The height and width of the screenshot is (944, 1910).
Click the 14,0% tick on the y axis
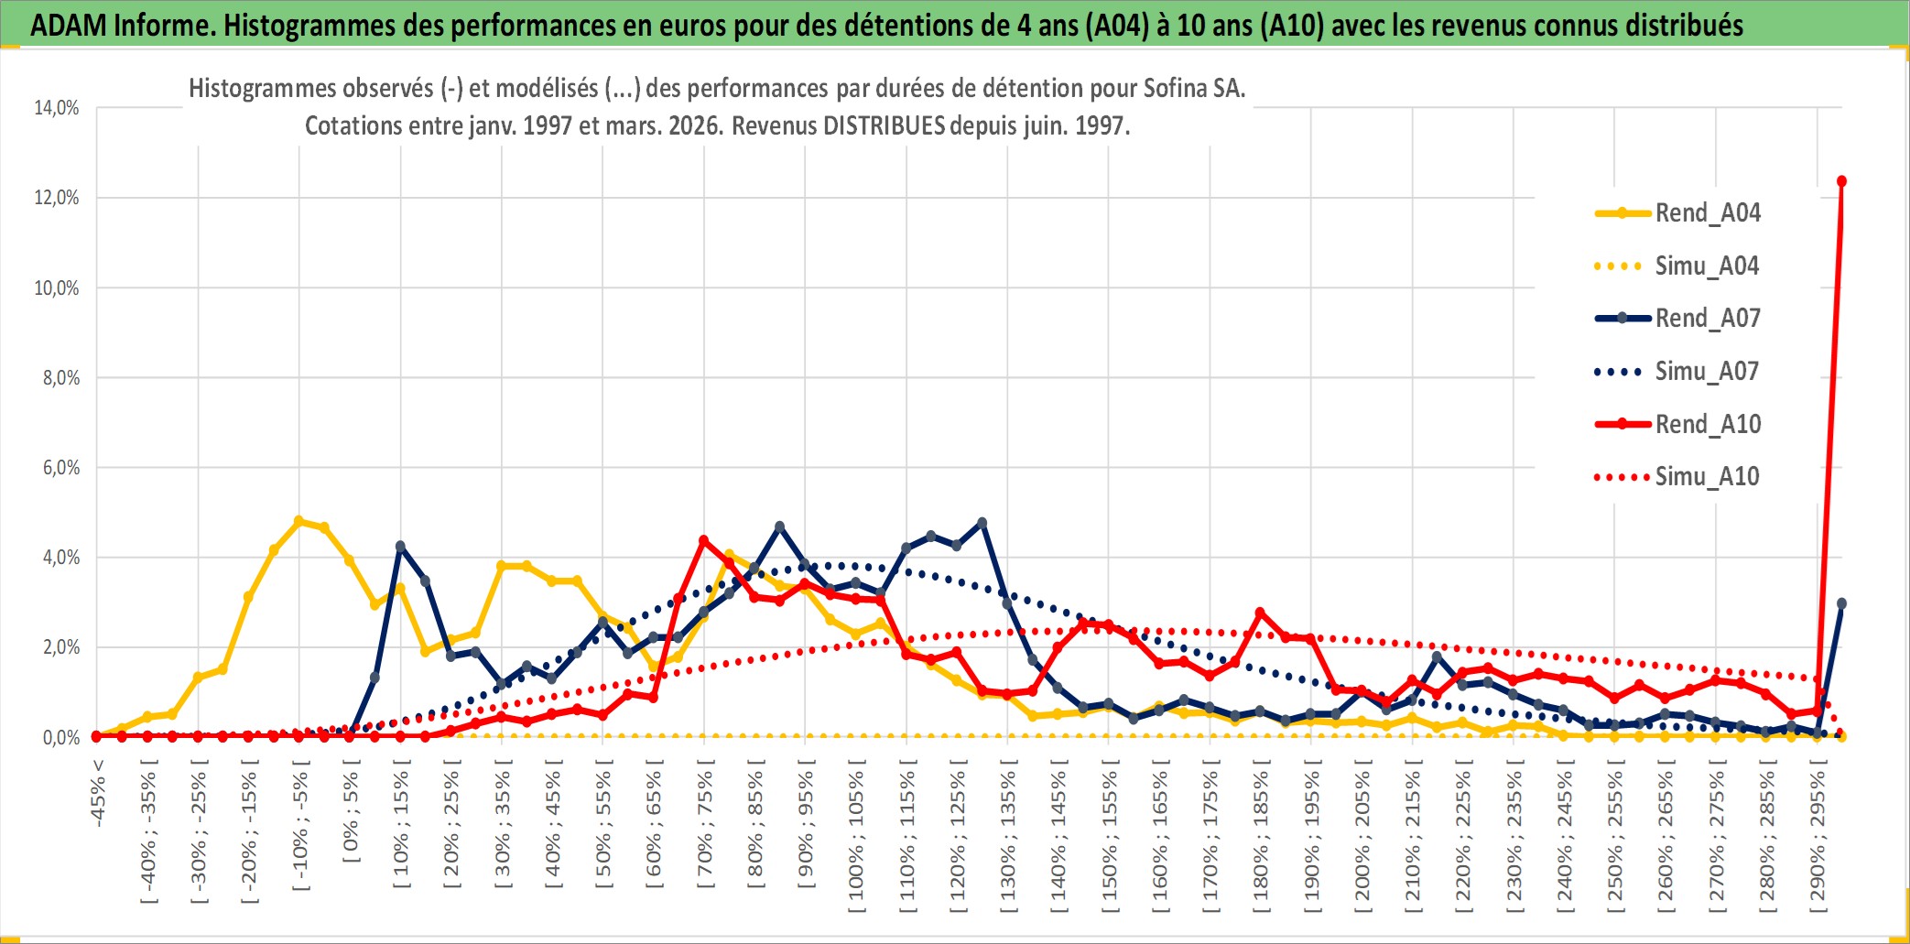pos(57,108)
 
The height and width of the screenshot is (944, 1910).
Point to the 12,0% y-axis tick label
pos(57,198)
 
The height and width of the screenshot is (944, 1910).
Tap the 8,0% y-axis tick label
pos(60,378)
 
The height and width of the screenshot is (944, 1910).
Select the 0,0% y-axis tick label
pos(60,737)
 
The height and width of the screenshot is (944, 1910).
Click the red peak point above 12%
pos(1841,181)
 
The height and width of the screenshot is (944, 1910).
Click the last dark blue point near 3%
pos(1841,603)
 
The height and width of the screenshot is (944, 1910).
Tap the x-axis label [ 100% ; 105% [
pos(856,841)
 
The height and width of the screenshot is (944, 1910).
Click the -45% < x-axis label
pos(98,793)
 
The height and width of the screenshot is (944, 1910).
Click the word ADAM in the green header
pos(68,25)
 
